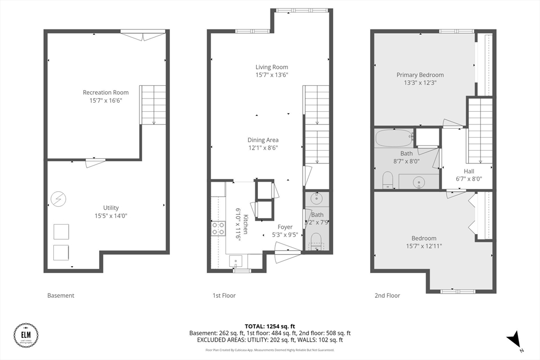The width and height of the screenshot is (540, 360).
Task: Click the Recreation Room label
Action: [105, 93]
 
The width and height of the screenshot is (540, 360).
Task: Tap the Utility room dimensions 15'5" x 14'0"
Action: [111, 215]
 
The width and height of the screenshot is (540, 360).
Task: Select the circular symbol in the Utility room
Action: [58, 199]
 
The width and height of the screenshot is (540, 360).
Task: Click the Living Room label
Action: [272, 67]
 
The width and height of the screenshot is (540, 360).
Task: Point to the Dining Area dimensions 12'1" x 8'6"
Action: [263, 148]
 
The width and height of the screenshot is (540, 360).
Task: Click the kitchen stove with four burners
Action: [218, 228]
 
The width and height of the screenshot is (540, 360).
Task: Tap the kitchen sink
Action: [235, 260]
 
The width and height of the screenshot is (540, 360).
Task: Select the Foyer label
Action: [285, 227]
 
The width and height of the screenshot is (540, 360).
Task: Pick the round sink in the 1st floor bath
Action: [316, 199]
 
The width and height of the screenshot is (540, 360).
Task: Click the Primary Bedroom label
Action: [420, 75]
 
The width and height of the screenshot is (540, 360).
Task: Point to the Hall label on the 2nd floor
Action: [469, 171]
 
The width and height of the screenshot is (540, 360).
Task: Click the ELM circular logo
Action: [26, 335]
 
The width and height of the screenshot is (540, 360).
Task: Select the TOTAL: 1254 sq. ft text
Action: [269, 326]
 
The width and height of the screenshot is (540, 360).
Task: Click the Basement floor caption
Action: [61, 296]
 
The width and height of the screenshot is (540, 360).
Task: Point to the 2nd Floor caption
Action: [387, 296]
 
